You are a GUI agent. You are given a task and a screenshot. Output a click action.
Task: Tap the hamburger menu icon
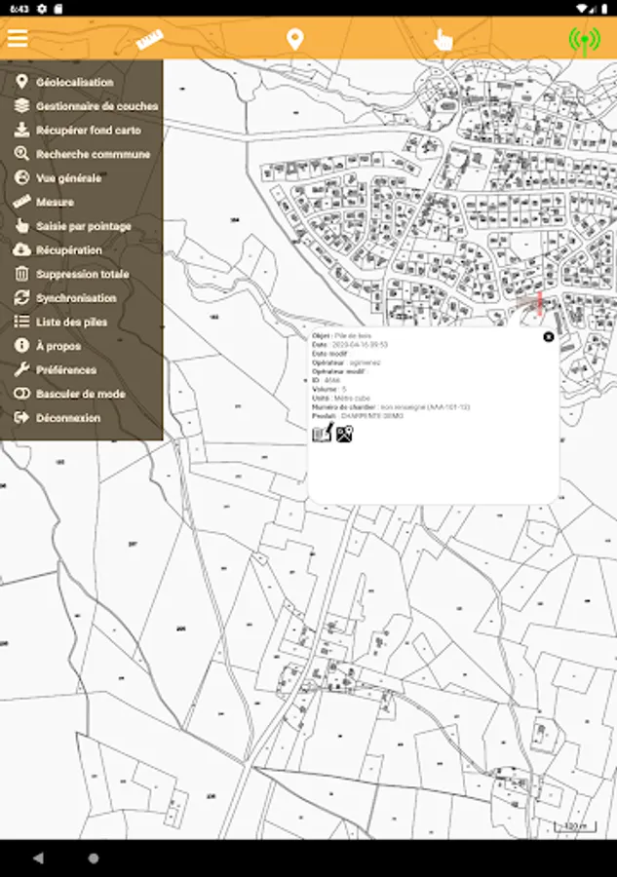[18, 39]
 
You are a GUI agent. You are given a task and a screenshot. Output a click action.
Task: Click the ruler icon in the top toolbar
[149, 40]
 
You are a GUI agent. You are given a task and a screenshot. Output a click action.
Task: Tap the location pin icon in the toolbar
[294, 40]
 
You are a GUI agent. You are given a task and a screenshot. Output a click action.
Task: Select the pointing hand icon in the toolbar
[443, 40]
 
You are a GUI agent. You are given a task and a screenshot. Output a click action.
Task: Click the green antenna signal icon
[584, 40]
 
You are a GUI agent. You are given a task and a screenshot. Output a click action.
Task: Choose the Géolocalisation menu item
[74, 83]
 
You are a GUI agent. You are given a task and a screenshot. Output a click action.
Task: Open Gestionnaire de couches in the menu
[96, 106]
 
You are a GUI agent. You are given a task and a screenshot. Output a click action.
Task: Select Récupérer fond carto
[88, 131]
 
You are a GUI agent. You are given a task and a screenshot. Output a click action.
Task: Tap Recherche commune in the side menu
[93, 154]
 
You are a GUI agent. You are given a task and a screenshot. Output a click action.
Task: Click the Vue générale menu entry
[68, 178]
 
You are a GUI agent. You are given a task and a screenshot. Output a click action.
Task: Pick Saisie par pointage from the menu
[83, 226]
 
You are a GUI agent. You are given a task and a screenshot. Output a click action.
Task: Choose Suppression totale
[82, 274]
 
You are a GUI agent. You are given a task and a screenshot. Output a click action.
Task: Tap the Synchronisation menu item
[76, 298]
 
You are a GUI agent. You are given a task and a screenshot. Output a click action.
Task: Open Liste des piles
[71, 322]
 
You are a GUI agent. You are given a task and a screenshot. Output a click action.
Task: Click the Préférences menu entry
[66, 370]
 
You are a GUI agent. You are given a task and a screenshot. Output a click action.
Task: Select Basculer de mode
[80, 394]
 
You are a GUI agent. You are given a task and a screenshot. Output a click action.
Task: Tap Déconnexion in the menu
[68, 418]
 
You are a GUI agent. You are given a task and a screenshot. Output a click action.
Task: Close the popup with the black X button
[548, 337]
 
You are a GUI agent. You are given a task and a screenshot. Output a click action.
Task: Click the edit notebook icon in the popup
[323, 433]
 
